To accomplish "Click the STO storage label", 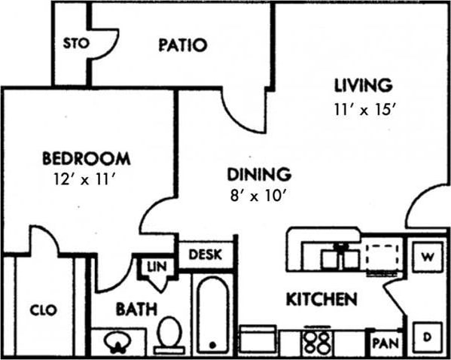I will pos(76,43).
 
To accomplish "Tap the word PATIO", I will pos(182,45).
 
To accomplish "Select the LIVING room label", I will pos(364,84).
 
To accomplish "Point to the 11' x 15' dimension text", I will pos(364,108).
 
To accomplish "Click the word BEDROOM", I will pos(86,159).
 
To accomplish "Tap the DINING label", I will pos(259,175).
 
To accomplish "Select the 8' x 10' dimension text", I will pos(259,196).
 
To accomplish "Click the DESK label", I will pos(205,255).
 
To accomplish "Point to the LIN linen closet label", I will pos(157,266).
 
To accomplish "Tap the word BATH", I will pos(136,309).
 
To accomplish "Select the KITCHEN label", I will pos(321,300).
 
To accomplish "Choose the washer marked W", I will pos(427,257).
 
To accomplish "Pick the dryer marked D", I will pos(427,336).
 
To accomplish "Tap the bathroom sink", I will pos(117,341).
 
